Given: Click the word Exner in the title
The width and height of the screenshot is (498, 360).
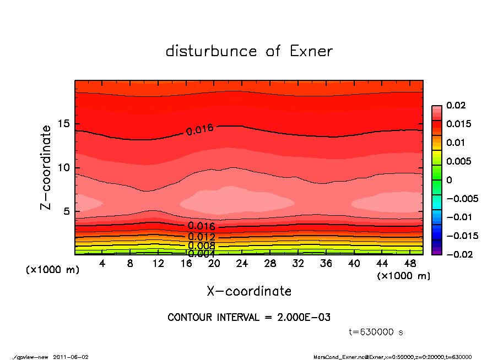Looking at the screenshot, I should [310, 51].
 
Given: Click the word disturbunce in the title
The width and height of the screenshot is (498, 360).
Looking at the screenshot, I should [211, 51].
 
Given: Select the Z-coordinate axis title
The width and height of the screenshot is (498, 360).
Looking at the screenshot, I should [46, 167].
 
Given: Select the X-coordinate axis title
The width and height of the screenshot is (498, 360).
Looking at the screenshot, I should [249, 291].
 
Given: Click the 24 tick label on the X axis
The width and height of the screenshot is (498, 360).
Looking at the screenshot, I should [242, 264].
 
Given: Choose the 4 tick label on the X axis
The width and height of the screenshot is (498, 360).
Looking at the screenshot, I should [102, 264].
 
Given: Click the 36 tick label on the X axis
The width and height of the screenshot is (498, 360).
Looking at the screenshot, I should [326, 264].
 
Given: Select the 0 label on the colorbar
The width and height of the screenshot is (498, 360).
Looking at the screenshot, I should [449, 180].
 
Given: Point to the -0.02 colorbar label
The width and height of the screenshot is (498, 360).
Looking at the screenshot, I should [458, 254].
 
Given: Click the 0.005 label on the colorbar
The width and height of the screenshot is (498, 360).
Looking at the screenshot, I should [458, 161].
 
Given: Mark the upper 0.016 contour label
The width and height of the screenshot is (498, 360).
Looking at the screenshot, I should [200, 130].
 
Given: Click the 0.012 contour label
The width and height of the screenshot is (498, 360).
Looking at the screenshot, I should [201, 237].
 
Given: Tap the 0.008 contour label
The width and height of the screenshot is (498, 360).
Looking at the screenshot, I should [201, 246].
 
